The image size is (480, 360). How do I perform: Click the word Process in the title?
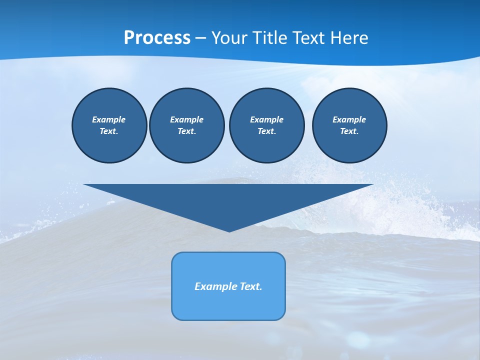(157, 38)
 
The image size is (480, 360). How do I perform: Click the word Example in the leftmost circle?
(108, 119)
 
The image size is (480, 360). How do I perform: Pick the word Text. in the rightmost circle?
(349, 131)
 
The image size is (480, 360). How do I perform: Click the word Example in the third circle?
(266, 119)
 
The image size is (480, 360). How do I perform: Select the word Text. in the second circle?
(186, 131)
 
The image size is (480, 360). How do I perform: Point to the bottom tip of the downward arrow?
(229, 231)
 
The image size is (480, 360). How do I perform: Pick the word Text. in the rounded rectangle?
(251, 286)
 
